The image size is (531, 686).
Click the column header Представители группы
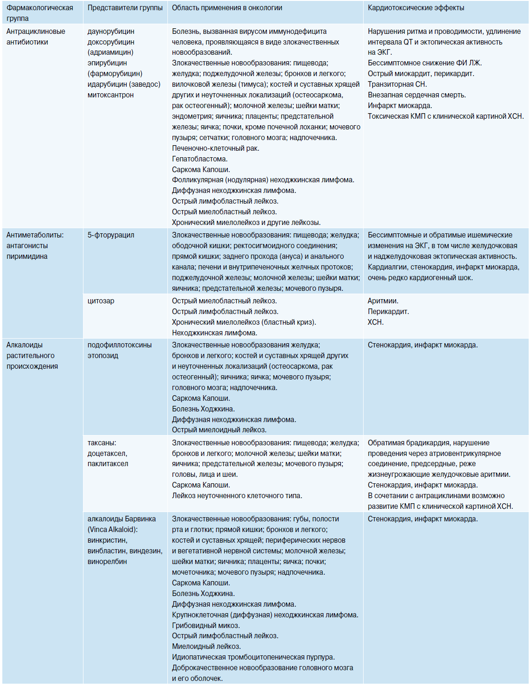tap(125, 8)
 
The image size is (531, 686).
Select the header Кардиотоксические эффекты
tap(416, 8)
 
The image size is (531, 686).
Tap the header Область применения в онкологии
tap(227, 8)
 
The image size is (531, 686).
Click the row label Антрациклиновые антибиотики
tap(35, 37)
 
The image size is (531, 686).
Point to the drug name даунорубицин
tap(111, 32)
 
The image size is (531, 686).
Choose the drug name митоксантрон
tap(110, 95)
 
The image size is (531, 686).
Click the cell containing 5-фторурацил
tap(111, 235)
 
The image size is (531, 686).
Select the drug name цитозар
tap(101, 301)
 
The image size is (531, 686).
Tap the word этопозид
tap(103, 356)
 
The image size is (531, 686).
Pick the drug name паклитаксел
tap(108, 464)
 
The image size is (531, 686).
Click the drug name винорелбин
tap(107, 562)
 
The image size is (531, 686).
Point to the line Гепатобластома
tap(199, 159)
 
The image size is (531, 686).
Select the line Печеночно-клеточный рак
tap(215, 148)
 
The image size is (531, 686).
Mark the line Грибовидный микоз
tap(205, 626)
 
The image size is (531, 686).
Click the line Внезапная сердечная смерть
tap(416, 95)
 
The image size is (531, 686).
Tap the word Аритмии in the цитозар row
tap(383, 301)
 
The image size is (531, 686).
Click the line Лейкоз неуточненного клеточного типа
tap(237, 496)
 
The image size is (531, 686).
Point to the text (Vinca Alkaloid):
tap(112, 530)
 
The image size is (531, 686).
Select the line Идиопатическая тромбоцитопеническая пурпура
tap(253, 657)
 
